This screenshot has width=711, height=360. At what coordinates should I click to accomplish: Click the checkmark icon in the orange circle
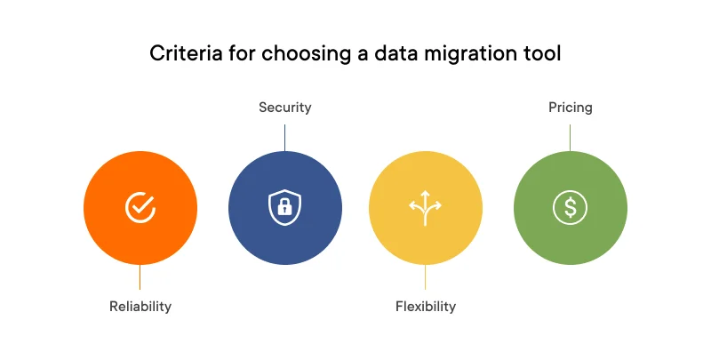(x=140, y=207)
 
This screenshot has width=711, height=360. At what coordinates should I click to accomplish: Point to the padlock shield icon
(x=285, y=207)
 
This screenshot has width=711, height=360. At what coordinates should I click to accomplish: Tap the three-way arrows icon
(x=425, y=206)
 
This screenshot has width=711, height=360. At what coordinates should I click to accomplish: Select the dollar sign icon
(x=570, y=207)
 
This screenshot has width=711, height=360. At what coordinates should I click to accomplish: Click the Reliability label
(x=140, y=307)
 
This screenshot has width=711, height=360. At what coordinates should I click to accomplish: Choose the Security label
(x=285, y=108)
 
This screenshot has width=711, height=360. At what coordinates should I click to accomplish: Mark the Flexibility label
(x=425, y=307)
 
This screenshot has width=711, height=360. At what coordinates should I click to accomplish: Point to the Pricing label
(x=570, y=108)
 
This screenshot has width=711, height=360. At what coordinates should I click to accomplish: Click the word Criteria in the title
(x=180, y=54)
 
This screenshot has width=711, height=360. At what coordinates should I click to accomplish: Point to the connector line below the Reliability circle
(x=140, y=276)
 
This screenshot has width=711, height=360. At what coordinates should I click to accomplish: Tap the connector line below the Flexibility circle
(x=425, y=276)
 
